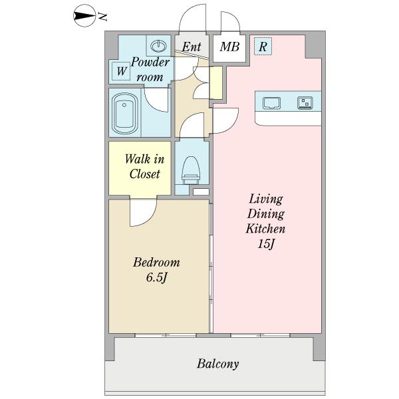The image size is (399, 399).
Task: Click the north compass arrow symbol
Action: click(84, 16)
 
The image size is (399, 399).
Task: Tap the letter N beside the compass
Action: click(102, 17)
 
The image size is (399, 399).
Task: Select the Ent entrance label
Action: click(192, 47)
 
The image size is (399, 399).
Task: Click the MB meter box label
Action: click(229, 47)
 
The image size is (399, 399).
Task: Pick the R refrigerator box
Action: click(263, 47)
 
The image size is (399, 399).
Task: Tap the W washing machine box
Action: click(121, 71)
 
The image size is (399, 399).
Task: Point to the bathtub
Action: click(124, 114)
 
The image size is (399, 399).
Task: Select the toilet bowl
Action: click(191, 170)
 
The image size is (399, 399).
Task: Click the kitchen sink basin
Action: click(272, 103)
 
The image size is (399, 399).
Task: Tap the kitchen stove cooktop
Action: click(305, 103)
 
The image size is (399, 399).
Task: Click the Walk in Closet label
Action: click(144, 167)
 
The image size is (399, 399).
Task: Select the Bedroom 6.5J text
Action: click(156, 270)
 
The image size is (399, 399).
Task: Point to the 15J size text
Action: click(265, 245)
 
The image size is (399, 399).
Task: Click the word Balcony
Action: click(218, 364)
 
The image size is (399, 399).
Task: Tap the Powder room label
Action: click(150, 69)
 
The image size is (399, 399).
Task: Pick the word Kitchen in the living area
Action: click(265, 229)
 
